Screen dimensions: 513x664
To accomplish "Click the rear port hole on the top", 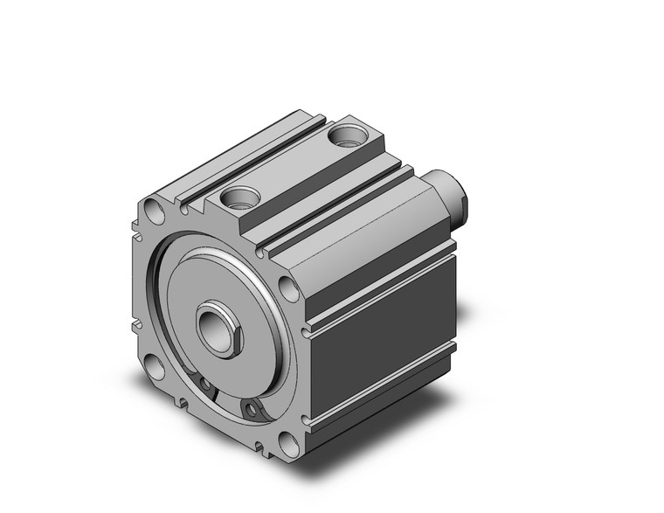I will click(x=351, y=136).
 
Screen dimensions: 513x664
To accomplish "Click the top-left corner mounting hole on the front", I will click(x=154, y=211).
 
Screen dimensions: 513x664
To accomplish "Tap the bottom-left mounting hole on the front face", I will click(x=155, y=366).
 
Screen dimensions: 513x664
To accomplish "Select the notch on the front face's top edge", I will click(x=187, y=207).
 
